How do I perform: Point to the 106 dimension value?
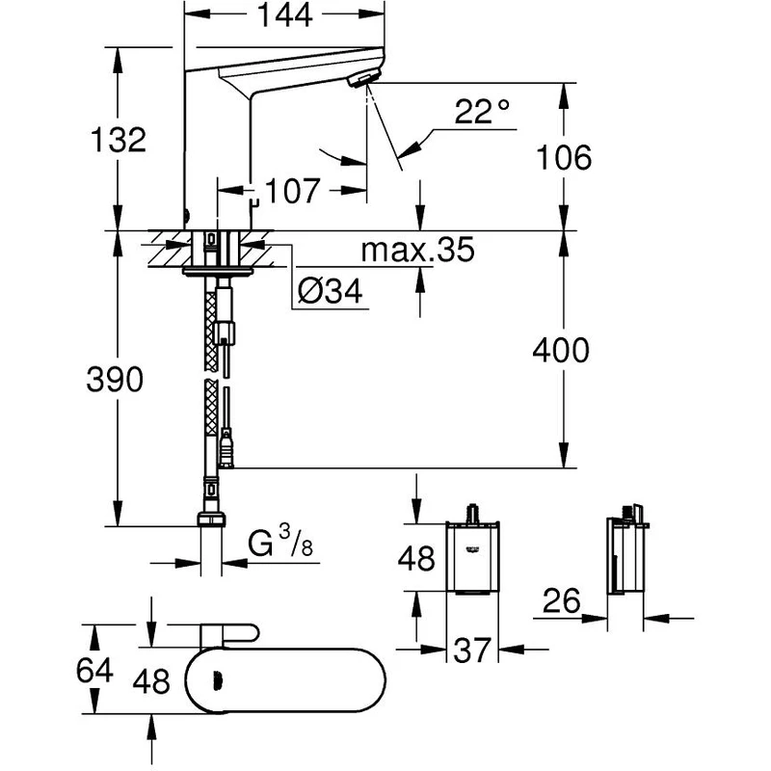point(563,157)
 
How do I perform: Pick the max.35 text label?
point(417,253)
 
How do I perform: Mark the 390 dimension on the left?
point(116,380)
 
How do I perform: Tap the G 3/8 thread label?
point(279,545)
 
